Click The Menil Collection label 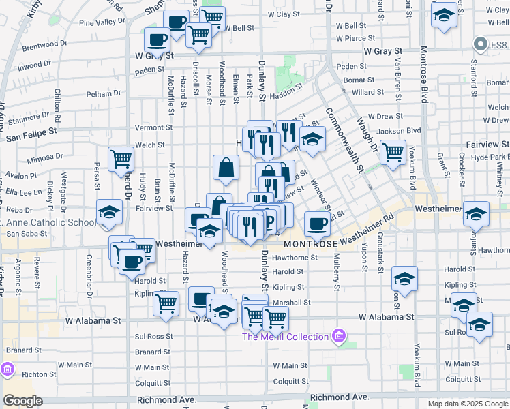pos(286,337)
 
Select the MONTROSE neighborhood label pos(311,243)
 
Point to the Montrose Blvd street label pos(423,75)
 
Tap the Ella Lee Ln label pos(20,193)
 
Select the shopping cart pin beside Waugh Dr pos(393,153)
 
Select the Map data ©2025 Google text pos(468,404)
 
